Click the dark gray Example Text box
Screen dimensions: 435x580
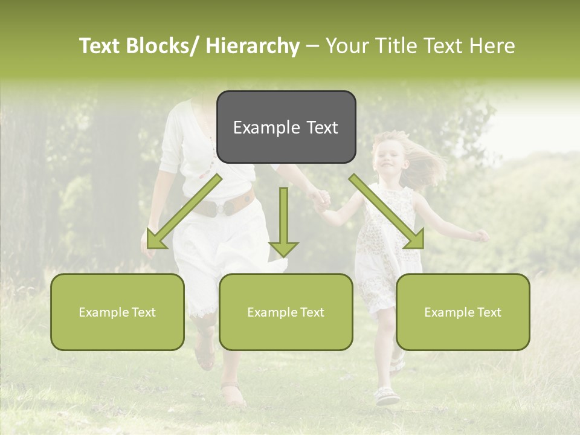pyautogui.click(x=286, y=127)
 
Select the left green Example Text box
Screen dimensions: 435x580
pyautogui.click(x=117, y=312)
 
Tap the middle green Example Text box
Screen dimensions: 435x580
pyautogui.click(x=286, y=312)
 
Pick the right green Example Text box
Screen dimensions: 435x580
pyautogui.click(x=463, y=312)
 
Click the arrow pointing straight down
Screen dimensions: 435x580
pyautogui.click(x=283, y=224)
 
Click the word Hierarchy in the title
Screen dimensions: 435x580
pyautogui.click(x=253, y=46)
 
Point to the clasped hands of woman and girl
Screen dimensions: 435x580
pyautogui.click(x=320, y=199)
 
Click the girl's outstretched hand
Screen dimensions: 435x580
pyautogui.click(x=482, y=236)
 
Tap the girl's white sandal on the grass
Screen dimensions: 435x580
pyautogui.click(x=387, y=396)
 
